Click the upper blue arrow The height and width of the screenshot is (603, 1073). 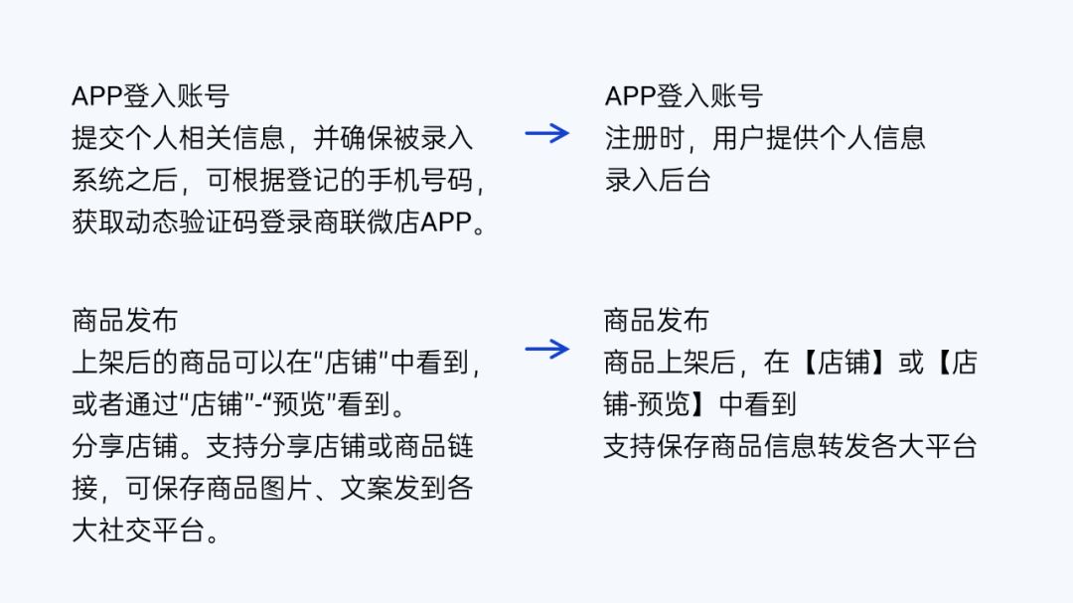pyautogui.click(x=546, y=133)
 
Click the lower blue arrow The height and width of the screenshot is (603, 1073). pyautogui.click(x=546, y=349)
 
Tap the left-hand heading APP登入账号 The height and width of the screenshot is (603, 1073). pyautogui.click(x=150, y=96)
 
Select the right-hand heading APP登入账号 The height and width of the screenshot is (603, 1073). pyautogui.click(x=684, y=96)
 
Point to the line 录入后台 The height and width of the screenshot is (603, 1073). pyautogui.click(x=658, y=180)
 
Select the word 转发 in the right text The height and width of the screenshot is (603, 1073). pyautogui.click(x=844, y=446)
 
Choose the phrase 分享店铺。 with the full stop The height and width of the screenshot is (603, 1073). pyautogui.click(x=137, y=446)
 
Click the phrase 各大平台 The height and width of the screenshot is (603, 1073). pyautogui.click(x=925, y=446)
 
